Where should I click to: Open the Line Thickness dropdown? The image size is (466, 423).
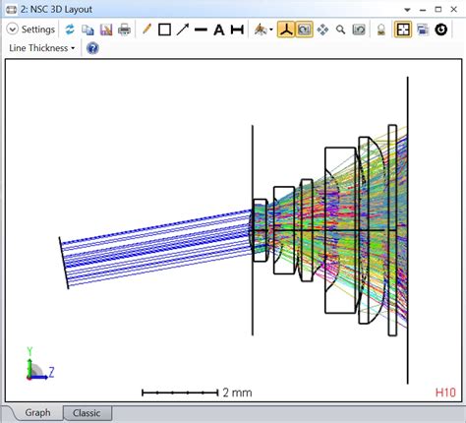click(41, 47)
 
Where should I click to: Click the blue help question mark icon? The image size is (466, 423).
click(92, 47)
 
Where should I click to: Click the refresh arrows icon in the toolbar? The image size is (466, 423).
click(71, 30)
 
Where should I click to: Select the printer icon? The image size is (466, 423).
click(125, 30)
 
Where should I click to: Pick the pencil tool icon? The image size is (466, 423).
click(146, 30)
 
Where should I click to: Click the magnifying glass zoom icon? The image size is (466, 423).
click(340, 30)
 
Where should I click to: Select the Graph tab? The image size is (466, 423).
click(37, 413)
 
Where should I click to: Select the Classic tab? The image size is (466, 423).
click(87, 413)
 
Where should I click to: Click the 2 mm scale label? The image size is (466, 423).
click(236, 393)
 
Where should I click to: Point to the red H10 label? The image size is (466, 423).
click(445, 392)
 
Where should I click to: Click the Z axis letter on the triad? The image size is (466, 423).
click(50, 372)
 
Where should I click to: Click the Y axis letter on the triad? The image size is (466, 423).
click(29, 350)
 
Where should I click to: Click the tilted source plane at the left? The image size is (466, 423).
click(64, 262)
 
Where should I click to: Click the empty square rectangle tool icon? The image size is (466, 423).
click(164, 30)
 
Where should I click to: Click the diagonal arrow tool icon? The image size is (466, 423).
click(182, 30)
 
